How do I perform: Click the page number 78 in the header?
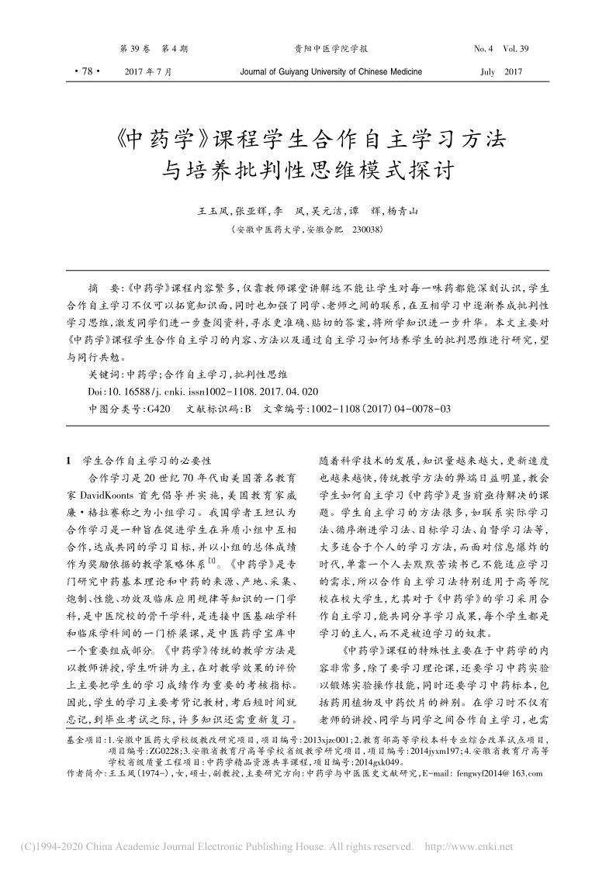(83, 71)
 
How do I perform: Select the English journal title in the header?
(331, 71)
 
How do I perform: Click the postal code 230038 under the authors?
(366, 230)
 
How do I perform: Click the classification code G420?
(155, 408)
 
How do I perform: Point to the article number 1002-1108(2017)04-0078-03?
(380, 408)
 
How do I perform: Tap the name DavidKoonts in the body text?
(105, 492)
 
